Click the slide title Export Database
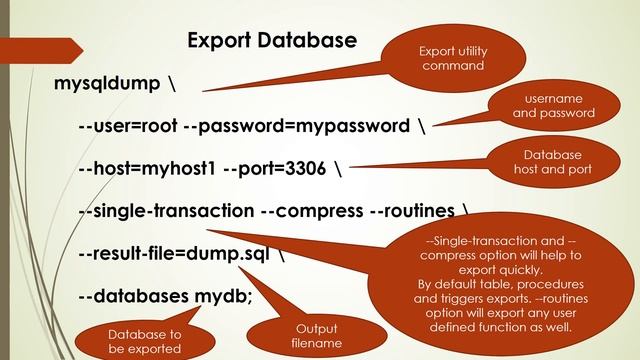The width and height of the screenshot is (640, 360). click(x=272, y=41)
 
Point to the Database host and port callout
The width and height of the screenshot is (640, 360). click(x=552, y=162)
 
